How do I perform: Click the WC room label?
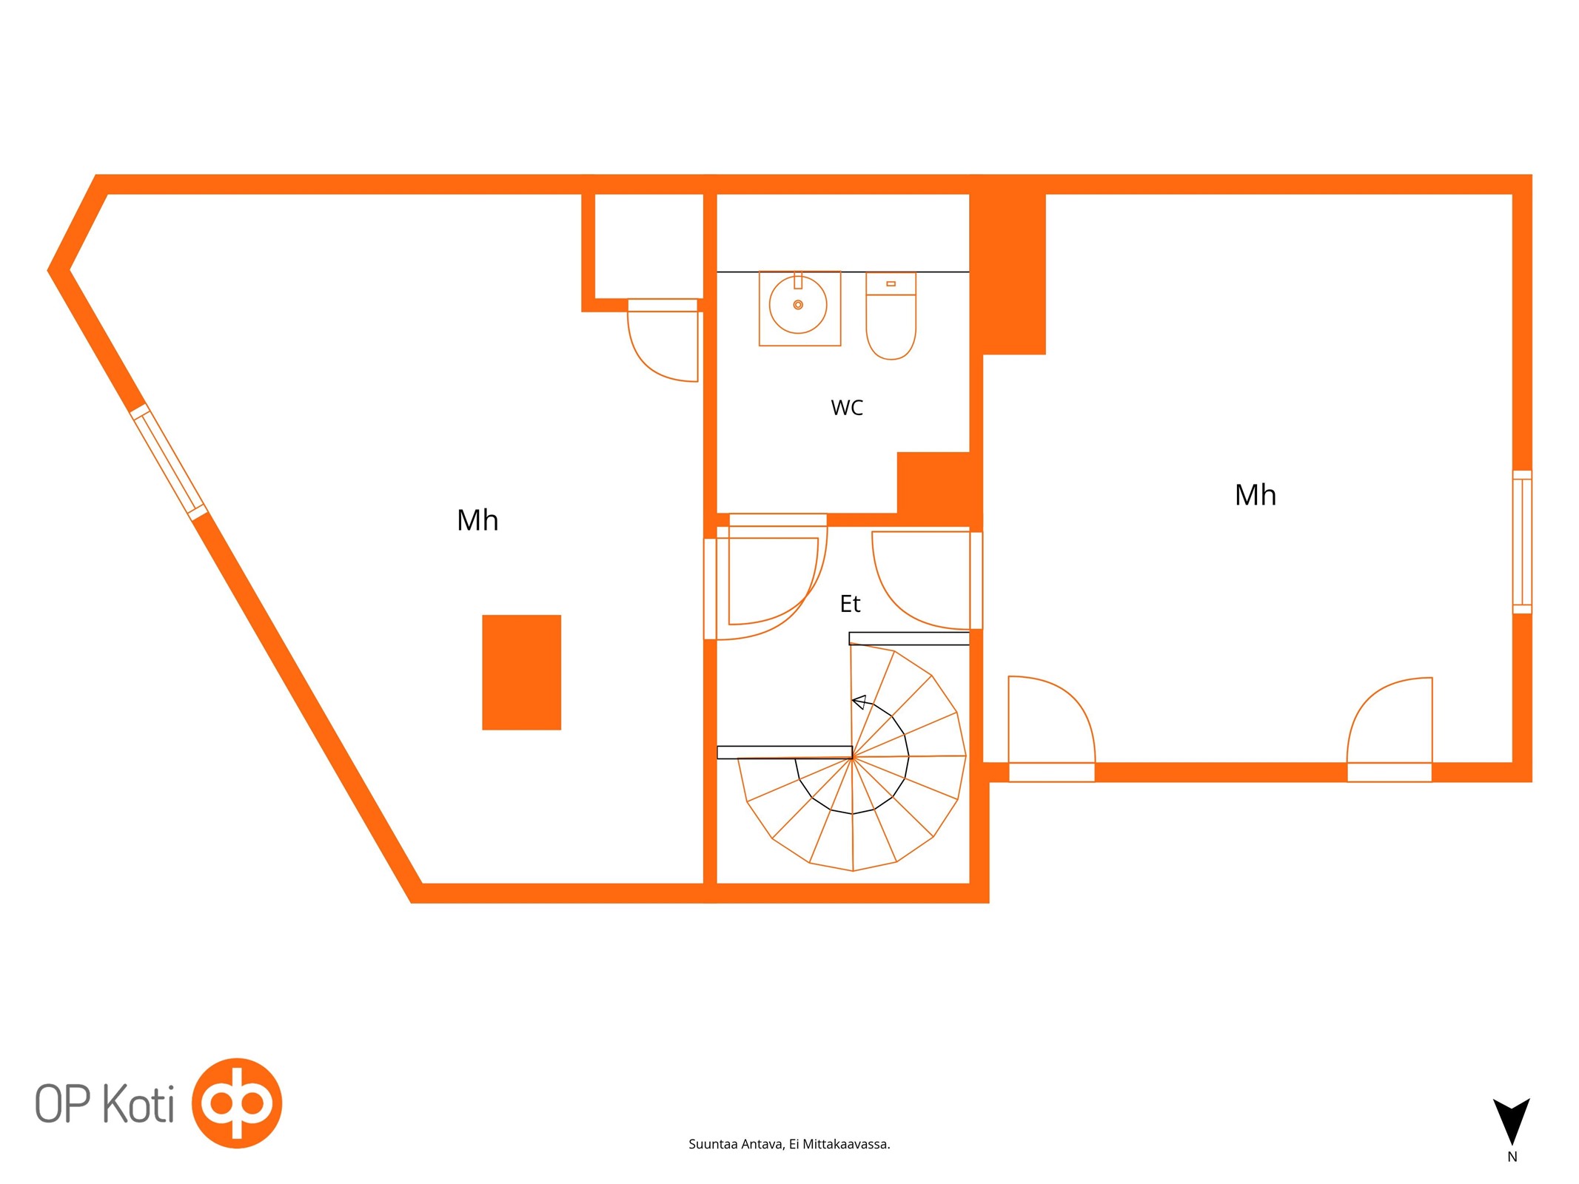point(847,408)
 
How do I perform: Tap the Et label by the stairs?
point(850,604)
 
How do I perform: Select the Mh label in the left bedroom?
point(477,520)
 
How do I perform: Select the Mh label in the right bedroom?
point(1256,495)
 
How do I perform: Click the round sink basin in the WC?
point(798,304)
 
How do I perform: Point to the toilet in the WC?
point(891,316)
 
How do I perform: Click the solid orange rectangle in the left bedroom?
point(521,672)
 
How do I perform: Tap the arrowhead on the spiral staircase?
point(859,702)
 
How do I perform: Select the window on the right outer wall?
point(1522,542)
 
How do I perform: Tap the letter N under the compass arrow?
point(1512,1157)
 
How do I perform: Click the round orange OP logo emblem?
point(237,1103)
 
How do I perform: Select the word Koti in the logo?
point(138,1104)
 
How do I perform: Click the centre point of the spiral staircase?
point(853,756)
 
